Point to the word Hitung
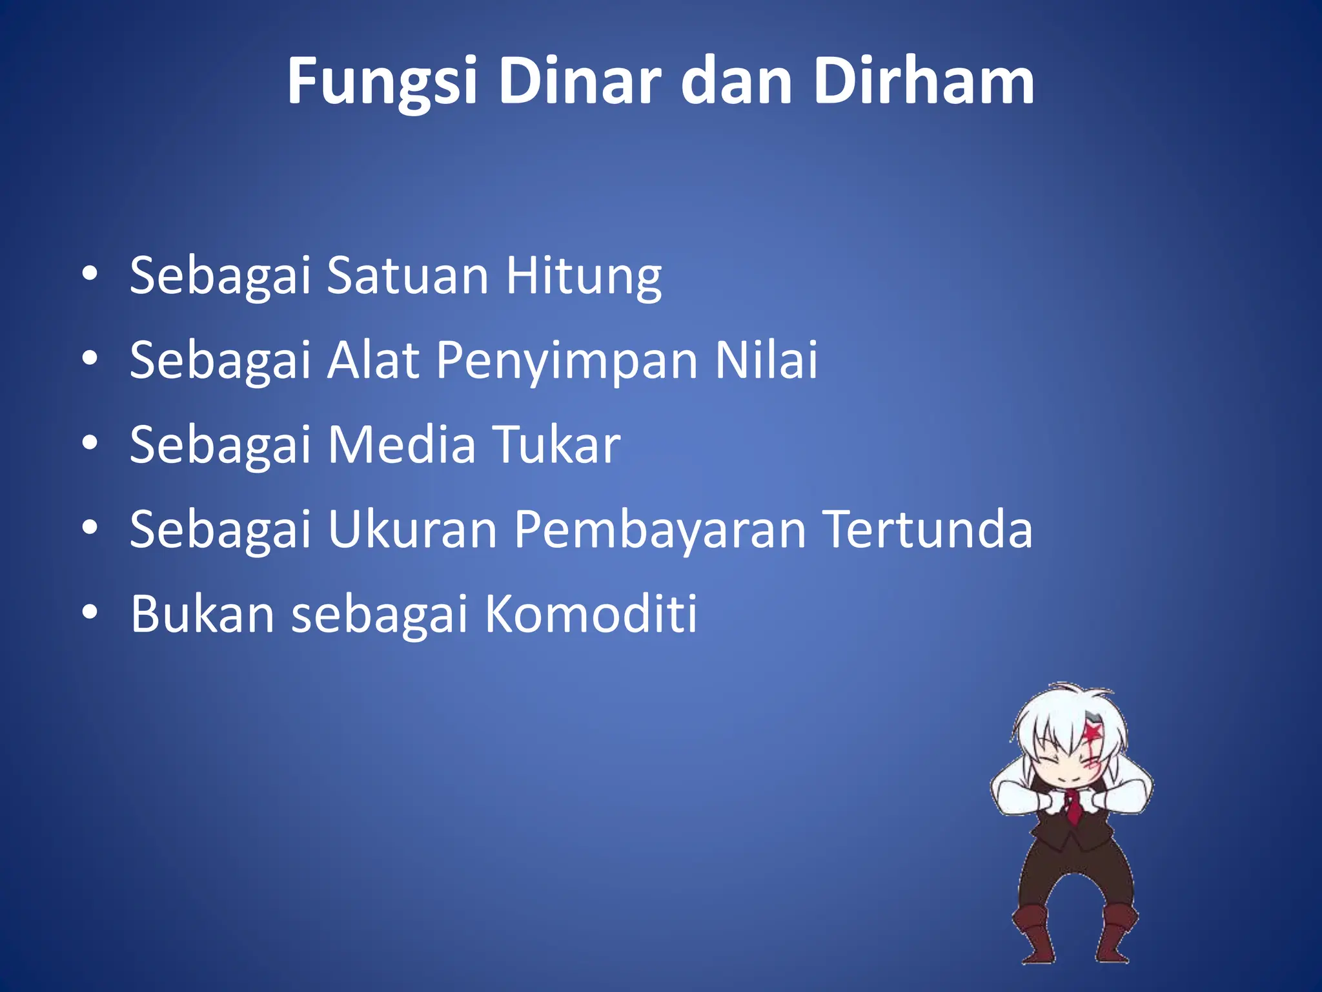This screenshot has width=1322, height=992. click(584, 276)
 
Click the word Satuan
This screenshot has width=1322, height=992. click(407, 276)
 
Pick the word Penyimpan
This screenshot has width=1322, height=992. click(567, 361)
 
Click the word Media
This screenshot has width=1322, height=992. click(402, 445)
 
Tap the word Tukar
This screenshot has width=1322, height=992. click(557, 445)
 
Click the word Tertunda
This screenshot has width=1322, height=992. click(929, 530)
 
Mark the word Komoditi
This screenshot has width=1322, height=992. click(591, 614)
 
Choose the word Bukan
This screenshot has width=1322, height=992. click(202, 614)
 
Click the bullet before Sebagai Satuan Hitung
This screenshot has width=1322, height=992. click(90, 274)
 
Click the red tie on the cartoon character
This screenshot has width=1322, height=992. click(1072, 808)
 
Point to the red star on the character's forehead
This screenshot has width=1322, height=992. click(1092, 732)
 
